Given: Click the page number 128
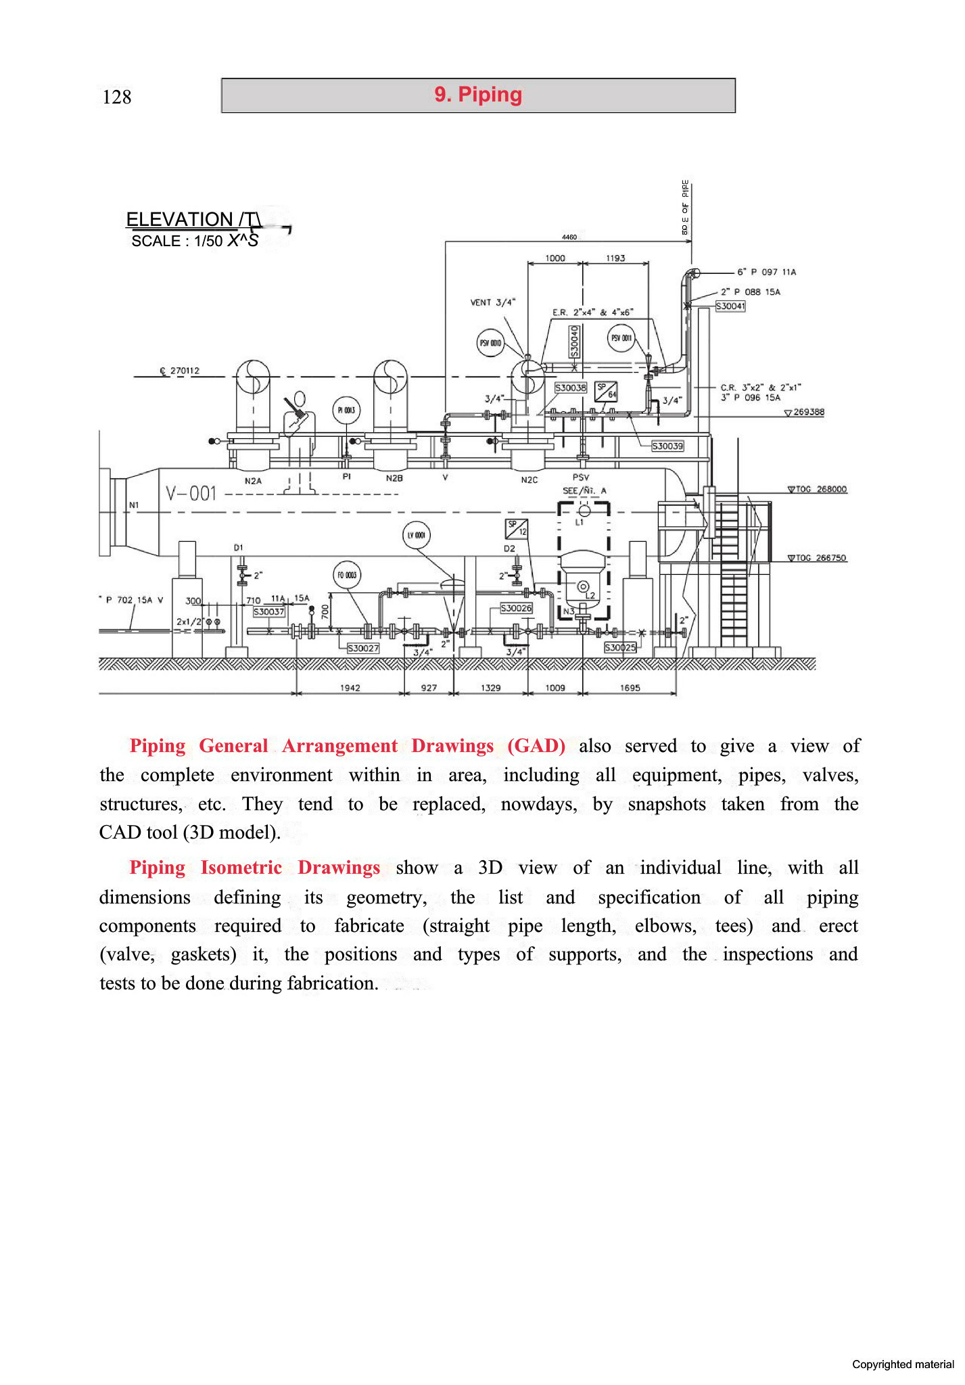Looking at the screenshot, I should (116, 97).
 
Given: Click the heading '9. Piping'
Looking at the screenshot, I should (478, 95).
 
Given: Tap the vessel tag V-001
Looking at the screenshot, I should (191, 494).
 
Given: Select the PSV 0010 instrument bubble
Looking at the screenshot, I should (490, 343).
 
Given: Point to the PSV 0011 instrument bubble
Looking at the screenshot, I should (621, 337).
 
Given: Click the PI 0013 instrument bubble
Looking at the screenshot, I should (346, 410).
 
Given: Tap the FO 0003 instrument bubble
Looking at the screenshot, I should (347, 576).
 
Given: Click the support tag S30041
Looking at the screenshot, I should (730, 306).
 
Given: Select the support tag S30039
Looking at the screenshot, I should (667, 446).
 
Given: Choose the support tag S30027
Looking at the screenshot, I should (363, 648).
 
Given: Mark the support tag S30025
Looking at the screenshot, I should (620, 647).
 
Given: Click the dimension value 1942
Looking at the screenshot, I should (350, 688).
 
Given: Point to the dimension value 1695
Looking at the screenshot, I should (630, 688).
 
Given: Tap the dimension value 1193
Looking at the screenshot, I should (615, 258).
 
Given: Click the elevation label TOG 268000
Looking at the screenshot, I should (821, 489).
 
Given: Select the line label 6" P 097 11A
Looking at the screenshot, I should (767, 272).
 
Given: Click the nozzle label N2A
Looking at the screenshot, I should (253, 481).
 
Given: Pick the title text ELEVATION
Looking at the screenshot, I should (179, 220).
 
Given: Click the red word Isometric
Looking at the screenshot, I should (241, 868).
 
